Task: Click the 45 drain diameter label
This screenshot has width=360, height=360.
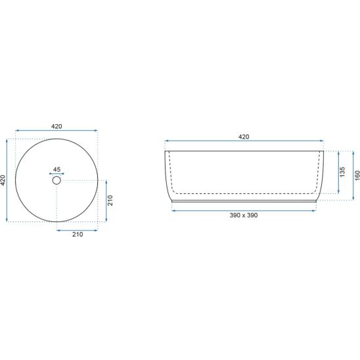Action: pos(56,169)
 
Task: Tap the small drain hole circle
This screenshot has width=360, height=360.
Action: pos(56,181)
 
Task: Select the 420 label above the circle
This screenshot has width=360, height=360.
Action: pos(56,126)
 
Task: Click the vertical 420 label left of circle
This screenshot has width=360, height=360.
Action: pos(3,180)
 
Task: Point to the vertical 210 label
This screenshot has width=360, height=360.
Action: pos(110,200)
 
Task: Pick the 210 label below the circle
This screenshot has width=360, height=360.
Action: pos(78,235)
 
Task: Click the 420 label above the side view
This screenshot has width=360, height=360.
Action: pos(244,137)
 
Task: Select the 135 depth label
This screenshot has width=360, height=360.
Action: pos(342,171)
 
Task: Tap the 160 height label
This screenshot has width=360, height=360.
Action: pos(357,175)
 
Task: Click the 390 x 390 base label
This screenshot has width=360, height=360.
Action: pos(244,215)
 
